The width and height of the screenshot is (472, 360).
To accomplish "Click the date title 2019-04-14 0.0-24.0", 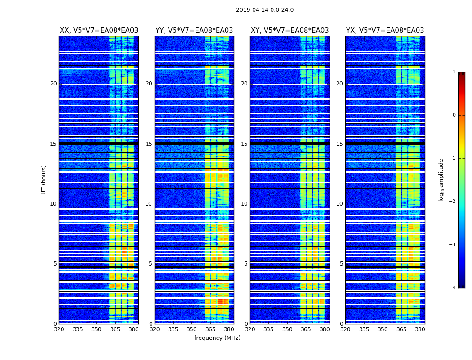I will pos(265,10).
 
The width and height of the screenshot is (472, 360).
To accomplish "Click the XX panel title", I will pos(99,31).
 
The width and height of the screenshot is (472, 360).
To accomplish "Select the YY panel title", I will pos(194,31).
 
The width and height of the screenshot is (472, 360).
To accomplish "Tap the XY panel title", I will pos(289,31).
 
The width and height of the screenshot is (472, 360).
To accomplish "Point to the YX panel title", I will pos(385,31).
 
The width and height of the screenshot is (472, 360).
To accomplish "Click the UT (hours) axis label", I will pos(44,180).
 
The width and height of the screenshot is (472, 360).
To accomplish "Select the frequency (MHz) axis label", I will pos(217,338).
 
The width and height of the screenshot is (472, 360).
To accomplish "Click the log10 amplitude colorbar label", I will pos(441,180).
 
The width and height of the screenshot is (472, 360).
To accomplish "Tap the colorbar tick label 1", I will pos(454,72).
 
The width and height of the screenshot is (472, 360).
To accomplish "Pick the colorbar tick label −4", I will pos(453,288).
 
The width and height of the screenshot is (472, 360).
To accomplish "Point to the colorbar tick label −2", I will pos(453,202).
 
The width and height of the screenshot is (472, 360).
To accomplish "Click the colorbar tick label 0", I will pos(454,115).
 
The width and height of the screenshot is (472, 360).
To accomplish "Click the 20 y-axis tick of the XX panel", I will pos(53,84).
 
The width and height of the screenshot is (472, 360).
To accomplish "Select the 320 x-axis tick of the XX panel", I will pos(59,329).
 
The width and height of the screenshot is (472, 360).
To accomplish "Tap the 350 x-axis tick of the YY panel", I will pos(192,329).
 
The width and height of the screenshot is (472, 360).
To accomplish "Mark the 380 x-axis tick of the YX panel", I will pos(420,329).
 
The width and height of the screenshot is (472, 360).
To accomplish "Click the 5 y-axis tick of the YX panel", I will pos(342,264).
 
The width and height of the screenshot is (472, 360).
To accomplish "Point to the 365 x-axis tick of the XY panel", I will pos(306,329).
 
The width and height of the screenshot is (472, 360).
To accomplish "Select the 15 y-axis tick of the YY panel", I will pos(149,144).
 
